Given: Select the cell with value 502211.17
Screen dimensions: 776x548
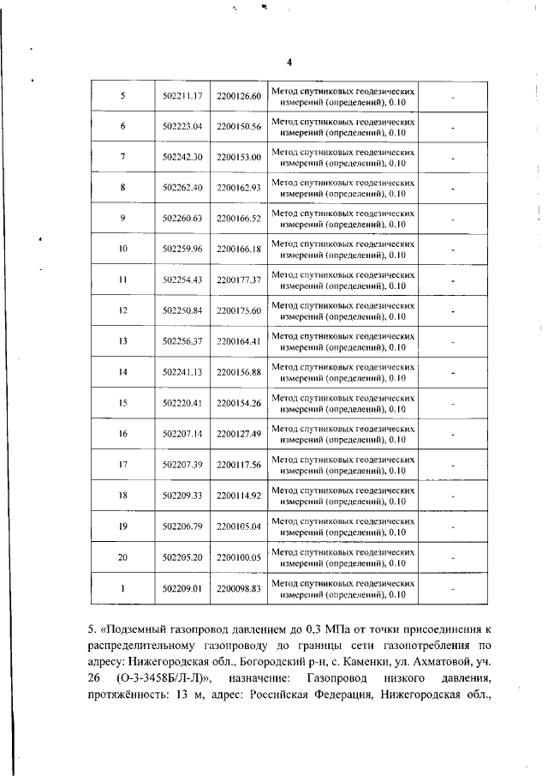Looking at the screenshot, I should click(182, 95).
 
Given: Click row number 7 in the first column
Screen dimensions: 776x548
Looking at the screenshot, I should click(123, 157).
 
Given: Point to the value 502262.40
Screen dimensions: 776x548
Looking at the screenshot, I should click(182, 188).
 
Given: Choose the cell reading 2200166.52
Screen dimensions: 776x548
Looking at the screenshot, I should click(238, 219).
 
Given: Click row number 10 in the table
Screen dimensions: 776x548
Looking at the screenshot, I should click(123, 249).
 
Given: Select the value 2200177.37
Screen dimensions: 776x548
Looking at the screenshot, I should click(238, 280).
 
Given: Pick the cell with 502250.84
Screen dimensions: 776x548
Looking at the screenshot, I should click(182, 310).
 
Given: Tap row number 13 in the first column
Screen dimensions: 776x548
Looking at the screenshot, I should click(123, 341).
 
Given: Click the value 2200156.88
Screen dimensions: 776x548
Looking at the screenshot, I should click(238, 372).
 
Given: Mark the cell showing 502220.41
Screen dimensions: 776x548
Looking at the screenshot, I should click(182, 403).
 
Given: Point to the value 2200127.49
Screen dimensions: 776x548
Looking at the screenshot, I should click(238, 434).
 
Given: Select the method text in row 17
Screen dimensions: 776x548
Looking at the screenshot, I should click(343, 464).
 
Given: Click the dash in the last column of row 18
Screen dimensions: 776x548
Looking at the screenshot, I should click(453, 496).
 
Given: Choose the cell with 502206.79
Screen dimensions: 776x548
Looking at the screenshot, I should click(182, 526).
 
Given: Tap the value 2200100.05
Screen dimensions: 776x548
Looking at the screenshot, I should click(238, 557).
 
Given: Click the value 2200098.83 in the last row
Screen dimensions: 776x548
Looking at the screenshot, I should click(238, 589).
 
